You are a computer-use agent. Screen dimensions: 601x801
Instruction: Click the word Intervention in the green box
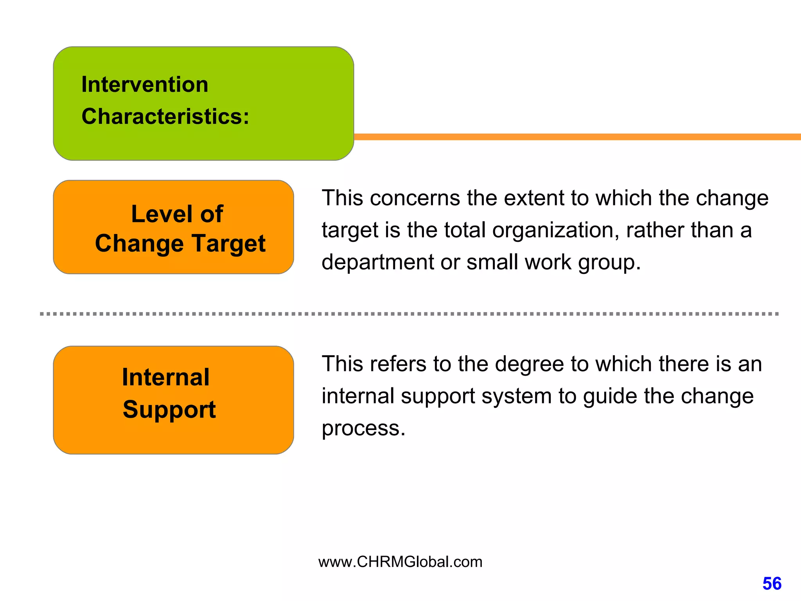[145, 85]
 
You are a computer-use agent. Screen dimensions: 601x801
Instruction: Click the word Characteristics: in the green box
[165, 117]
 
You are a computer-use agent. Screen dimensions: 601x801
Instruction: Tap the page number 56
[772, 584]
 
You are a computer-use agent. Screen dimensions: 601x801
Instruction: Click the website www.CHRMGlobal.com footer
[400, 562]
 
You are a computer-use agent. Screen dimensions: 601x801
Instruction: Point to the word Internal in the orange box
[165, 377]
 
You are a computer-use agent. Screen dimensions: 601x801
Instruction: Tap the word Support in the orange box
[169, 410]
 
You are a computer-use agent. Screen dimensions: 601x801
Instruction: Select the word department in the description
[377, 263]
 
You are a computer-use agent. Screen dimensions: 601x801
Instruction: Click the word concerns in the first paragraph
[415, 198]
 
